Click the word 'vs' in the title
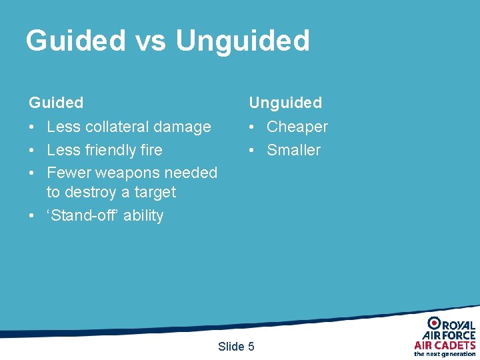click(151, 41)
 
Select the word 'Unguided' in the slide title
click(243, 41)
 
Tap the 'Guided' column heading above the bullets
click(56, 103)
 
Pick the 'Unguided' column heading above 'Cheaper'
click(285, 103)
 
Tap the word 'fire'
click(151, 150)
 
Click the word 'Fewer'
click(69, 173)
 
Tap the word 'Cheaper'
click(297, 127)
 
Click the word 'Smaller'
click(293, 150)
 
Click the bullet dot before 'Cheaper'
click(253, 127)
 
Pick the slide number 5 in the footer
click(251, 346)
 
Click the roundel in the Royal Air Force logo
click(435, 323)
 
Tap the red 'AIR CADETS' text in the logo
click(445, 345)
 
